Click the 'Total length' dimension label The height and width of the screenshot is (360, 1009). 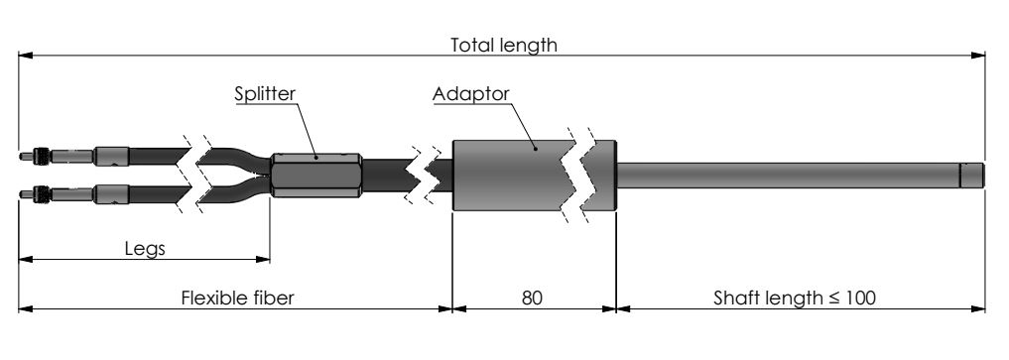[503, 46]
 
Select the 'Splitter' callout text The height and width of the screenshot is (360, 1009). [265, 94]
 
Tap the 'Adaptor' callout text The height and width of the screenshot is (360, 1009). [470, 94]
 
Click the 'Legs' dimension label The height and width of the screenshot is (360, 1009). [145, 249]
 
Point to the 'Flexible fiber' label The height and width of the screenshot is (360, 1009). [237, 299]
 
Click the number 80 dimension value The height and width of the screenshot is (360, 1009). [532, 299]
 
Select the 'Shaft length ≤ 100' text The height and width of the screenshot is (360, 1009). [795, 299]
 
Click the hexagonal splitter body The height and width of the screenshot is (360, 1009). [315, 175]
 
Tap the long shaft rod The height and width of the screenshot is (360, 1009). [789, 175]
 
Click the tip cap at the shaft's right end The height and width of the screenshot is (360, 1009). [972, 175]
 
